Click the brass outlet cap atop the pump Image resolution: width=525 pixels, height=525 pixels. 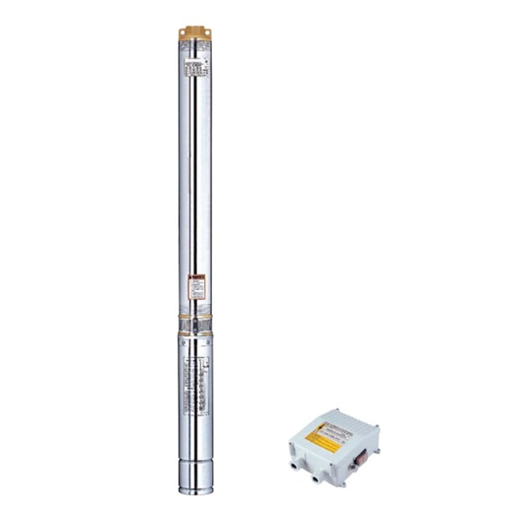click(x=195, y=33)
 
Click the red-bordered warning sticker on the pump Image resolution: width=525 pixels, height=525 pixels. click(x=196, y=287)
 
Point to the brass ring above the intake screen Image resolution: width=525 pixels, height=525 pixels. click(x=195, y=316)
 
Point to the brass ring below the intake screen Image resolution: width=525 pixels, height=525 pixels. click(x=195, y=333)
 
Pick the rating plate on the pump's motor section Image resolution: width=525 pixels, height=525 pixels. click(x=196, y=385)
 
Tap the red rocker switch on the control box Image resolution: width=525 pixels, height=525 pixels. click(x=361, y=457)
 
